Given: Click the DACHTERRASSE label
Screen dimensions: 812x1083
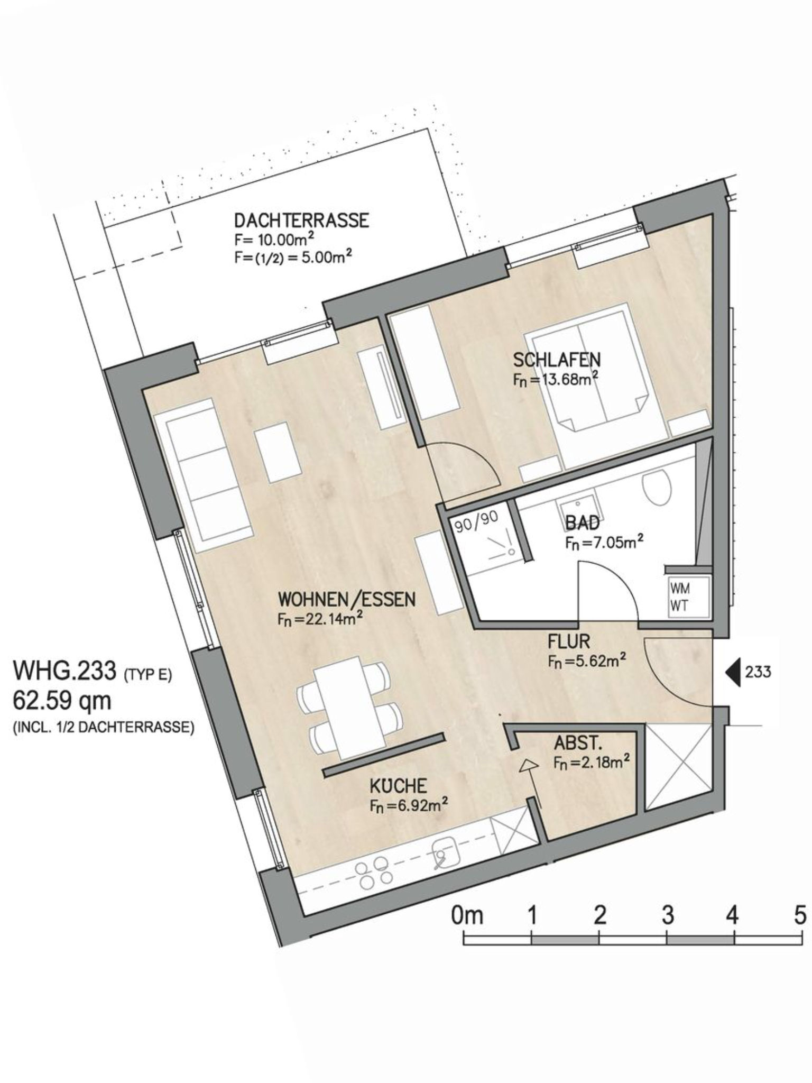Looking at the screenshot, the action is coord(301,220).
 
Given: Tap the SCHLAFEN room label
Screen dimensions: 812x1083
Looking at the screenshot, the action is coord(557,360).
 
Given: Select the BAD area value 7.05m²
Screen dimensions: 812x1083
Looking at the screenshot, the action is coord(604,542).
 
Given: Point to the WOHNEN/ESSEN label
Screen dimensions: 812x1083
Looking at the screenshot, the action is coord(347,600).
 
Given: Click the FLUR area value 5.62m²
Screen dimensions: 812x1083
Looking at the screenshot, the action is coord(587,661).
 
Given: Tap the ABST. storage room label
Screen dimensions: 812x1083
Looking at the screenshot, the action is coord(578,744).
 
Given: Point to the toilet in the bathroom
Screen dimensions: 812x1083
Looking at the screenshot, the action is coord(657,488).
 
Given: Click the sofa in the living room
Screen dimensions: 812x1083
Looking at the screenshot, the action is coord(202,475).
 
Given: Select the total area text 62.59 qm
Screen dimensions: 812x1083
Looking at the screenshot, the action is coord(62,701).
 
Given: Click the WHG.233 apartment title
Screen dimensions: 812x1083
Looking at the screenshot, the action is coord(64,670).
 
